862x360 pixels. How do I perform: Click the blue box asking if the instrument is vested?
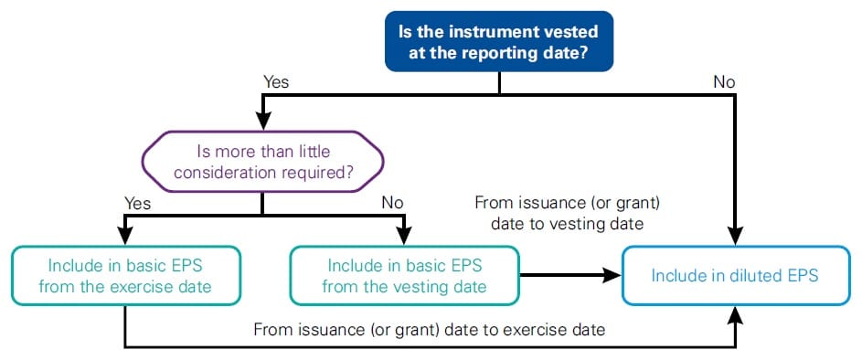coord(498,41)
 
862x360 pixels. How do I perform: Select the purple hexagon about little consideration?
coord(262,161)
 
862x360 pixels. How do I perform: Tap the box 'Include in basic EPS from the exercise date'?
coord(126,275)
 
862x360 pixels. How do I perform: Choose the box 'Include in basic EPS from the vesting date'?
coord(404,275)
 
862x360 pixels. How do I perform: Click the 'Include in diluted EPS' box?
coord(736,275)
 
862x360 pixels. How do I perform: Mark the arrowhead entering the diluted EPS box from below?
coord(736,314)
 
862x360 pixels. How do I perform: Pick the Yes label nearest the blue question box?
coord(276,82)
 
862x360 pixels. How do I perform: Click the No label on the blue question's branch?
coord(724,82)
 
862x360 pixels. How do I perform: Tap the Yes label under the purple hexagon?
coord(137,204)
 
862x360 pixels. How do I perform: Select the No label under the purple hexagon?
coord(392,204)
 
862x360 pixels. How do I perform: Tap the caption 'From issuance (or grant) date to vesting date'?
coord(567,214)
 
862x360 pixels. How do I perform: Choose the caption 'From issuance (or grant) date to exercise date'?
coord(430,329)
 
